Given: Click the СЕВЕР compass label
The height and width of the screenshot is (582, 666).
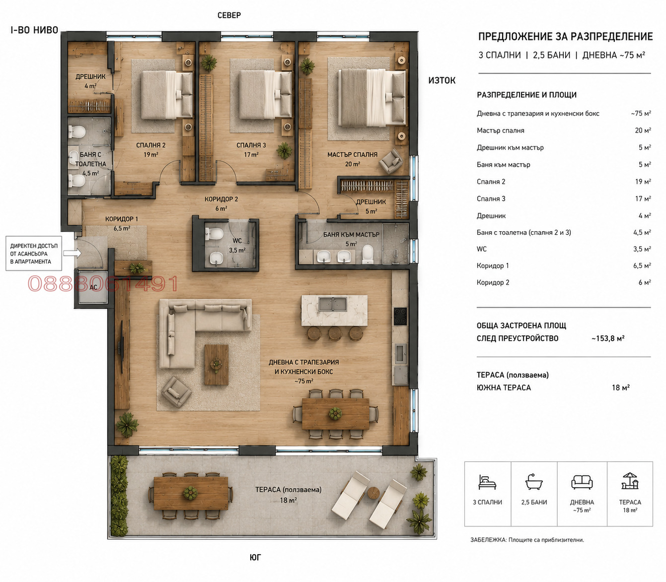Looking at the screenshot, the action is [229, 15].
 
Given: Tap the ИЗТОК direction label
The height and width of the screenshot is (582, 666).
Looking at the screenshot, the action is [442, 81].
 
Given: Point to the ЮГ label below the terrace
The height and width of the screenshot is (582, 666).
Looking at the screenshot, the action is [256, 558].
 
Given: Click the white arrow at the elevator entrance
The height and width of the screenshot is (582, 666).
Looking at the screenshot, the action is [72, 253].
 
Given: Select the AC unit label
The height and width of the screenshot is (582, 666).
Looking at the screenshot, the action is [93, 287].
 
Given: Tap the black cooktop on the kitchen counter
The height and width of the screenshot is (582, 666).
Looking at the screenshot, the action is [400, 317].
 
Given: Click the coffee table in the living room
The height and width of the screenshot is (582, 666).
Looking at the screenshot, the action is [216, 365].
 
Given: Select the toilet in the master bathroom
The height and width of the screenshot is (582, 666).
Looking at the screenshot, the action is [368, 254].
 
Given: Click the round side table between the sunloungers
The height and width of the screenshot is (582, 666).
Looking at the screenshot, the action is [373, 493].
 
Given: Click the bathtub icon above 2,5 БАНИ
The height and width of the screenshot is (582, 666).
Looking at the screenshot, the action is [534, 482].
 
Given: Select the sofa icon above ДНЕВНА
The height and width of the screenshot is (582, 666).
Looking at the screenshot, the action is [582, 482].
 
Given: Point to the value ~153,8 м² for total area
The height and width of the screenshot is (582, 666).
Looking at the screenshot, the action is [608, 338].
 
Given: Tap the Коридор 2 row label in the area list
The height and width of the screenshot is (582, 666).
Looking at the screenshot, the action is [493, 282].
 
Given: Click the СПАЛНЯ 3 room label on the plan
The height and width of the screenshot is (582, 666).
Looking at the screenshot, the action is [251, 145].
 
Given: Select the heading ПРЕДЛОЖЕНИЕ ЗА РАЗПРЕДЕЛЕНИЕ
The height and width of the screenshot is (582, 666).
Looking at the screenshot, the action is [565, 37].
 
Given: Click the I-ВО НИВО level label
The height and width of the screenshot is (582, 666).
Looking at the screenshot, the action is [34, 30].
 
